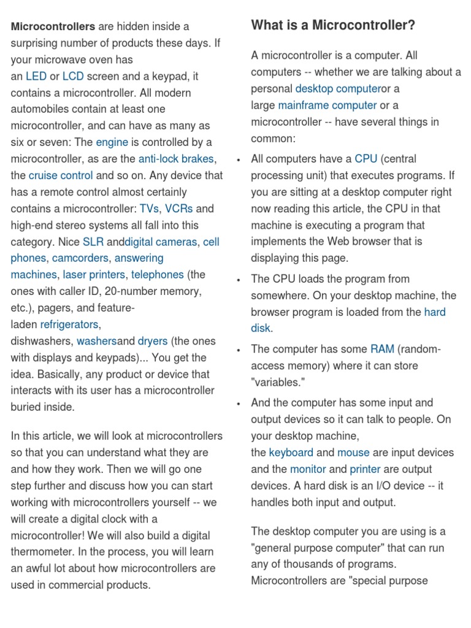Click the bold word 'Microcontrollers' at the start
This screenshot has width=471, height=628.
tap(53, 27)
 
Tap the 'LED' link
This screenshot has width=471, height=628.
tap(36, 77)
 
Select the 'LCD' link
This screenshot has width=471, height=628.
tap(73, 77)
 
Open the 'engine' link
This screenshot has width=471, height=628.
tap(112, 143)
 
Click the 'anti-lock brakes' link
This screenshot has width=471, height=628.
tap(176, 159)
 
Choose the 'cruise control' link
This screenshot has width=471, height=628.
tap(61, 176)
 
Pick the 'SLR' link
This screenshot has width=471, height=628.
tap(93, 242)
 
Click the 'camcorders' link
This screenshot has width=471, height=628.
tap(80, 259)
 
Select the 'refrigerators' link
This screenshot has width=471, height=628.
tap(69, 324)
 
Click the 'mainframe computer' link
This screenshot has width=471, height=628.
tap(327, 105)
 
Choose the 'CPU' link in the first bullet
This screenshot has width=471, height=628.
tap(366, 159)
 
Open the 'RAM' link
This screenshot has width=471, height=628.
tap(382, 350)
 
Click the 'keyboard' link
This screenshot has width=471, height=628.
tap(291, 453)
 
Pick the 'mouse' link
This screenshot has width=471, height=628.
tap(353, 453)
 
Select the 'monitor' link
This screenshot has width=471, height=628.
tap(308, 470)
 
